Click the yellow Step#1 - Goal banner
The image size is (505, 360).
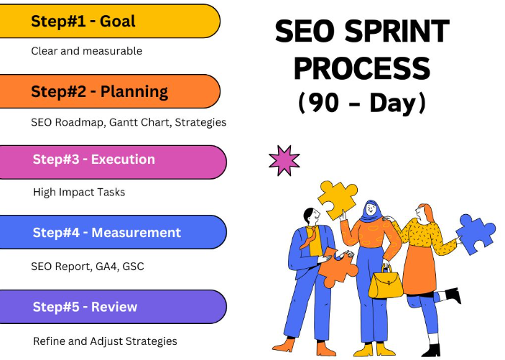coord(109,21)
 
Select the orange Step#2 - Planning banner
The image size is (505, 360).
coord(109,91)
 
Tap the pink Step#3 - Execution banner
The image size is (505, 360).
coord(113,162)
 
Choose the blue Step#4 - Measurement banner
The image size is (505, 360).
coord(113,232)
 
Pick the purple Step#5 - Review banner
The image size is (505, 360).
coord(113,307)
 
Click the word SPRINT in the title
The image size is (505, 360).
coord(397,31)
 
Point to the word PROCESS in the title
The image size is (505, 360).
coord(362,68)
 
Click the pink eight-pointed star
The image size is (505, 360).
coord(284,160)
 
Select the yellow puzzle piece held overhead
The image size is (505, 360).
coord(338,199)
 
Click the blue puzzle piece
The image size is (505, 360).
coord(476,233)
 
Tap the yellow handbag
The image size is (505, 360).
coord(386,285)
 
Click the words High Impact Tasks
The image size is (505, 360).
coord(79,193)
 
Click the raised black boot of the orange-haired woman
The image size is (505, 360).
coord(453,295)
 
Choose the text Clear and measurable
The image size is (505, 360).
coord(87,51)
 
